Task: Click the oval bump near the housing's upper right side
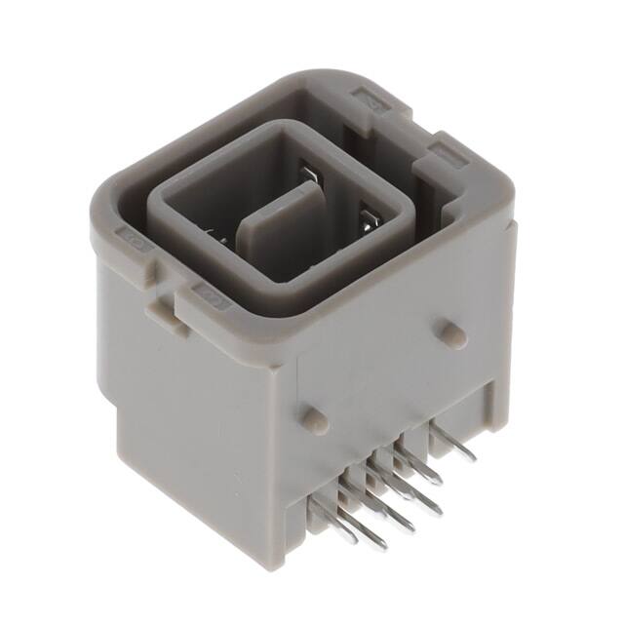[450, 332]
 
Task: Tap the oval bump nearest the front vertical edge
[312, 418]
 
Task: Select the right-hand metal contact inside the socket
[369, 216]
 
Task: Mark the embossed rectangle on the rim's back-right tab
[373, 97]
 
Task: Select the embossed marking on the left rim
[131, 237]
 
